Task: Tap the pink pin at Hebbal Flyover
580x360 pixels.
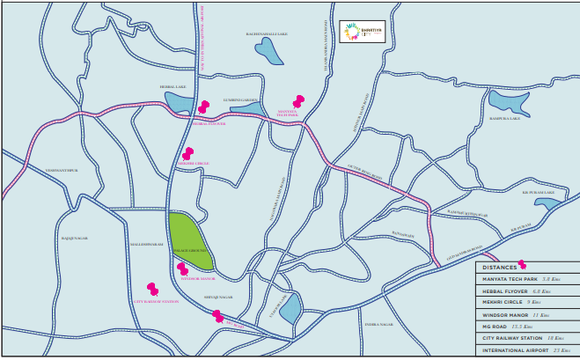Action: coord(203,107)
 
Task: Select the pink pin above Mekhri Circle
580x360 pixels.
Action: coord(187,153)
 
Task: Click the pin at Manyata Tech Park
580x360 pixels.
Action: coord(297,101)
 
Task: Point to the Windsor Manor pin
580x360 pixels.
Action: coord(182,268)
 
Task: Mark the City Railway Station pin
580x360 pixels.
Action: coord(152,290)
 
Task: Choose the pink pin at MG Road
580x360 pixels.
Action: coord(217,315)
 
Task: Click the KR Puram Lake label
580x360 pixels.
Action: coord(538,192)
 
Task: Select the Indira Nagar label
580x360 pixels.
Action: coord(378,324)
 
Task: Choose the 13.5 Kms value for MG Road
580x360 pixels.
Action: coord(537,326)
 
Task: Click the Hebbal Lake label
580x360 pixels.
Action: coord(173,87)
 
